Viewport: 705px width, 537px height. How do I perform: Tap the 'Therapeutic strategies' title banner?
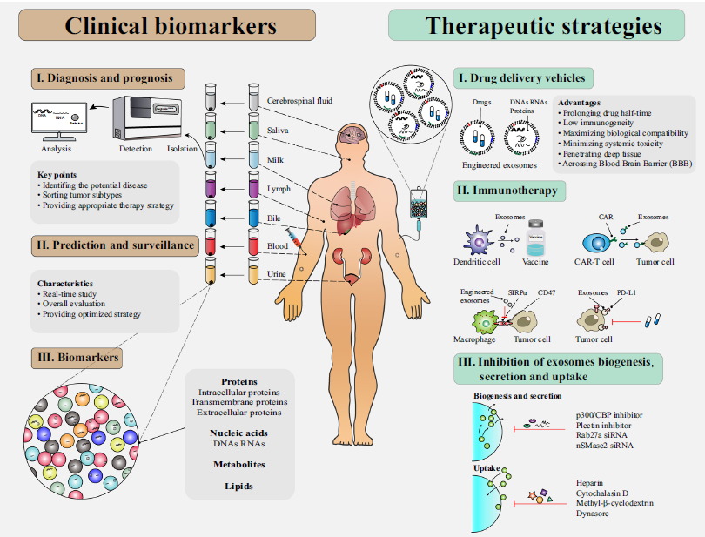[543, 25]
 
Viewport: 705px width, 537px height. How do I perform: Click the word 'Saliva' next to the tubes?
[279, 130]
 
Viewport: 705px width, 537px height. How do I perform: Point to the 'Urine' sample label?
[278, 276]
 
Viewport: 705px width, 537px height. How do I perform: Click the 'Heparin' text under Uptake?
[589, 482]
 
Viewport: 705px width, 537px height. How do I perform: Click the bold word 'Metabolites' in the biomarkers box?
[239, 464]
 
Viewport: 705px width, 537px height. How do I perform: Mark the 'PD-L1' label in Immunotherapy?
[625, 292]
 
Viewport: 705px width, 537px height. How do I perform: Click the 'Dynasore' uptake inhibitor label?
[593, 514]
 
